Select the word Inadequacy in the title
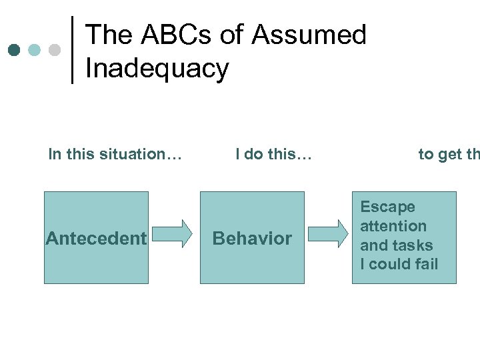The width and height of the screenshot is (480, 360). pos(157,68)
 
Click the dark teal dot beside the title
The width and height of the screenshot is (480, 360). pos(15,50)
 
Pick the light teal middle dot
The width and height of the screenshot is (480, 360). pos(35,50)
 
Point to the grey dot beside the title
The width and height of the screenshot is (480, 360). pos(55,50)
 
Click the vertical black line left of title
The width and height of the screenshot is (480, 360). pos(73,50)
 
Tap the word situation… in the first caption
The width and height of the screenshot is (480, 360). pos(139,155)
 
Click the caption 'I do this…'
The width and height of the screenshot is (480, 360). pos(273,155)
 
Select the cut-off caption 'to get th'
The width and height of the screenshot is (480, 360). pos(449,155)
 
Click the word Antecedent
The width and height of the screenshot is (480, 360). pos(96,239)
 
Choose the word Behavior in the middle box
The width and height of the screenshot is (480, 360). pos(252,239)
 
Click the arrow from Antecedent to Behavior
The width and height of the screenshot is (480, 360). pos(176,233)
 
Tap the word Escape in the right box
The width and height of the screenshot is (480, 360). pos(387,207)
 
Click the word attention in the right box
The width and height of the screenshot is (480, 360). pos(393,226)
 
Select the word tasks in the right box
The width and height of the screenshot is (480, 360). pos(414,245)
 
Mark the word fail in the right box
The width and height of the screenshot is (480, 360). pos(424,264)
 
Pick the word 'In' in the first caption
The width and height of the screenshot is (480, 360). pos(55,155)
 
